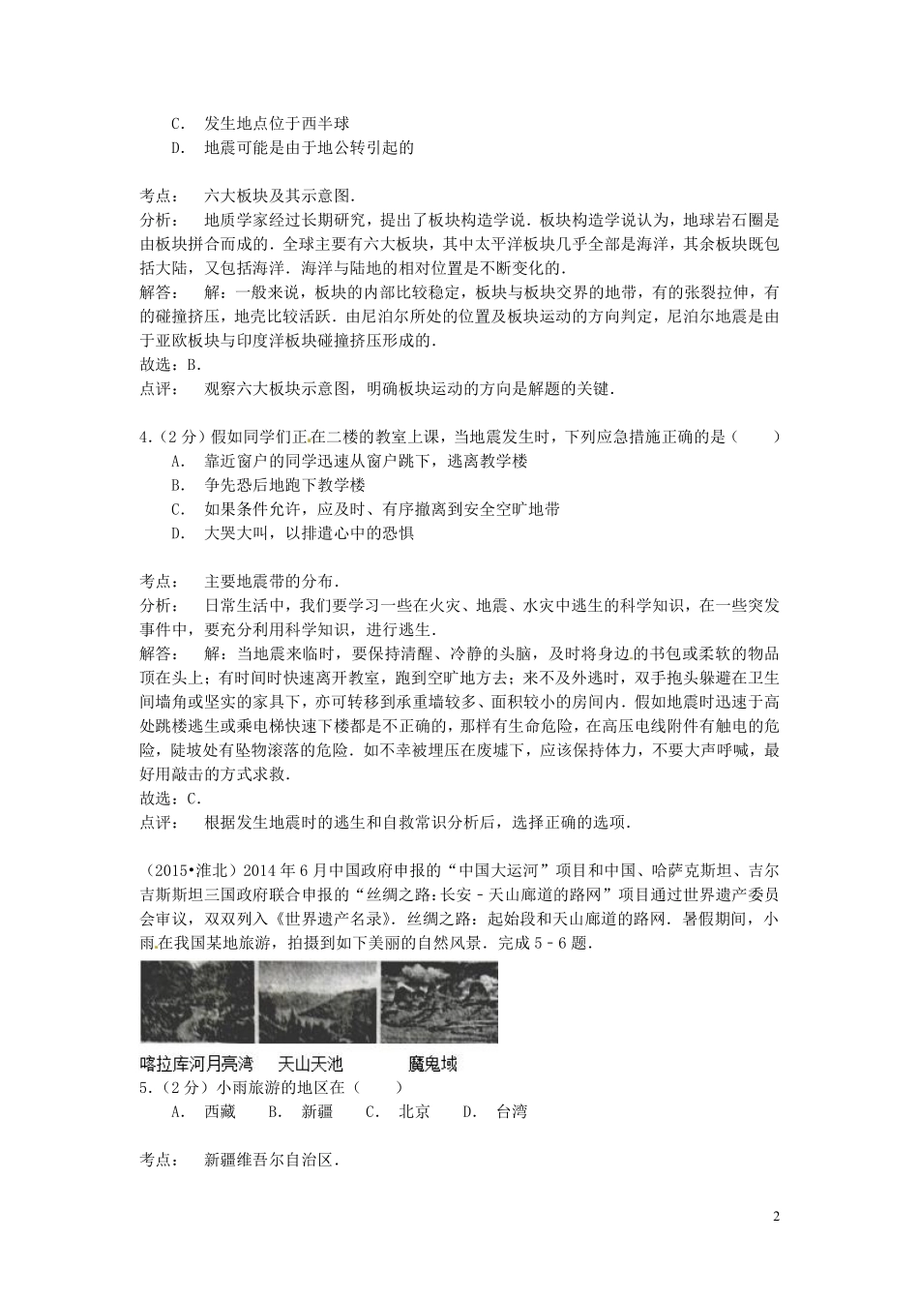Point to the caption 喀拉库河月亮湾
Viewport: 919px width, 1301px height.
tap(196, 1064)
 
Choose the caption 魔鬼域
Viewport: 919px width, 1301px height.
tap(432, 1064)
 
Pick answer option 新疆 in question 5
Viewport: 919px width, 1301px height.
tap(317, 1111)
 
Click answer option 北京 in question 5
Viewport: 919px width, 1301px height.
tap(414, 1111)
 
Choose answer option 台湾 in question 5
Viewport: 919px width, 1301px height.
tap(512, 1111)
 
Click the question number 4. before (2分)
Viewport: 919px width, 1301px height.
tap(146, 438)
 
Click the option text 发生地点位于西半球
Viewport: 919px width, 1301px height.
tap(277, 124)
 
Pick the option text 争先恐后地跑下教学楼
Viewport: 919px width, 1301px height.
tap(285, 485)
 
